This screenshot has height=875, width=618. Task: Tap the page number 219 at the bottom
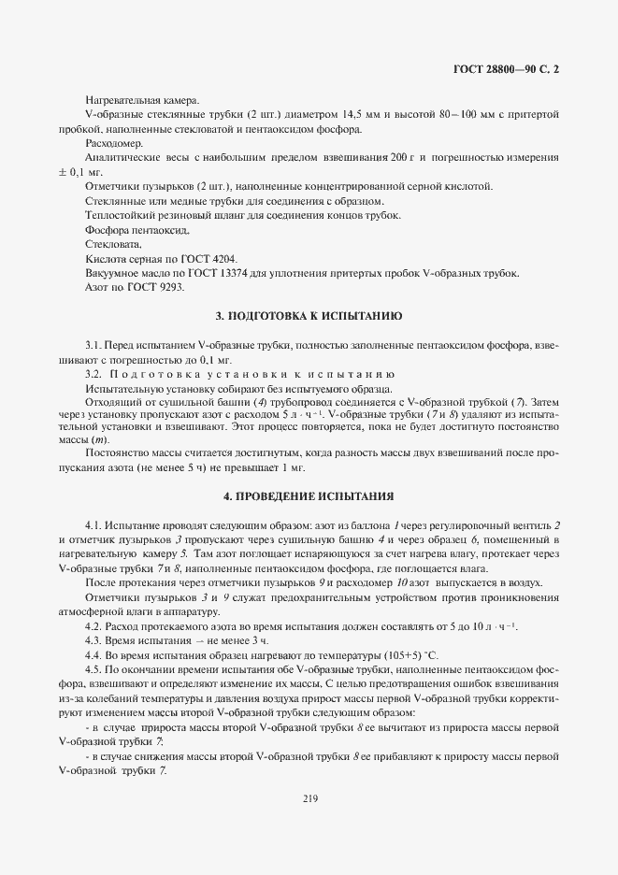click(x=310, y=797)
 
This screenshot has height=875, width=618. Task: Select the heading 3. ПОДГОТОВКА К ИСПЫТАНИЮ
click(x=309, y=317)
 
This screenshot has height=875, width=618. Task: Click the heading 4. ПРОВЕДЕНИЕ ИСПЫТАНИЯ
click(x=309, y=495)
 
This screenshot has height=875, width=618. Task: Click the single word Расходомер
click(x=114, y=143)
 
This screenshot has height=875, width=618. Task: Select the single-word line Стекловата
click(x=111, y=244)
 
